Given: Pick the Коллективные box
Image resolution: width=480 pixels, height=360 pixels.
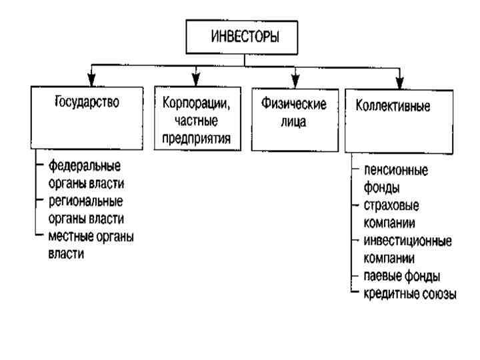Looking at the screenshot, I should point(399,119).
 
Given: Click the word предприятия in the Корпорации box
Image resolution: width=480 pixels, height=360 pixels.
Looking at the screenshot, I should point(196,139).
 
